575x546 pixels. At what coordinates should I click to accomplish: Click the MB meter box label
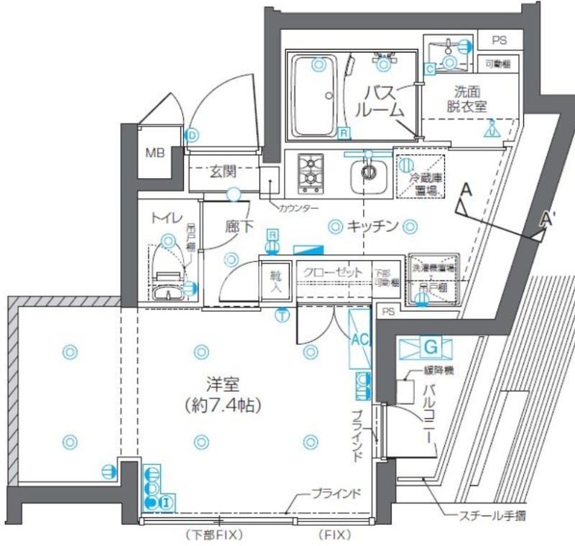coord(155,152)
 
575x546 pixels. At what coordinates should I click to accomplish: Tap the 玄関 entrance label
coord(224,172)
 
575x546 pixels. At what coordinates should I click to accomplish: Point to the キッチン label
coord(372,227)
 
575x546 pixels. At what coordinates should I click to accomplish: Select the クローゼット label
coord(333,272)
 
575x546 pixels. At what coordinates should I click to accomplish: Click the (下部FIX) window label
coord(215,535)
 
